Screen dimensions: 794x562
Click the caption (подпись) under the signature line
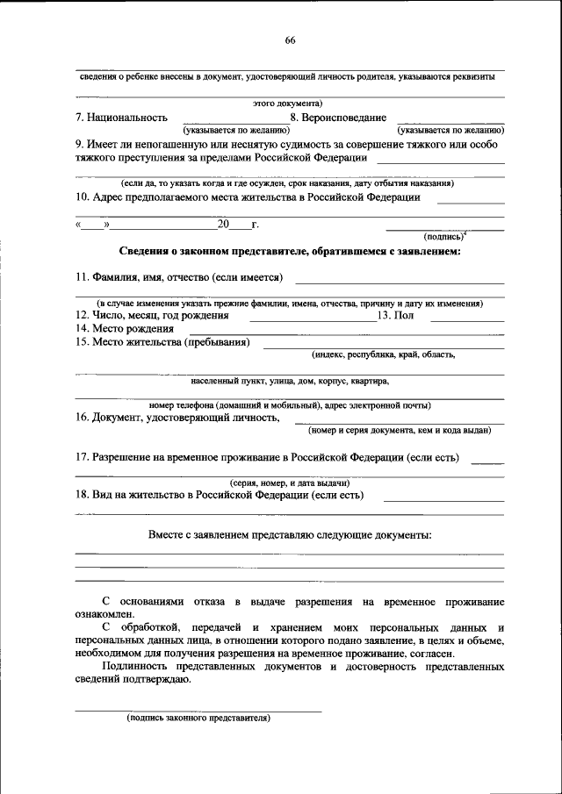click(444, 236)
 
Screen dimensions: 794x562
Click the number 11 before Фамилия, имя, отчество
click(80, 278)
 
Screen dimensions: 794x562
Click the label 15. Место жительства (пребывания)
click(162, 341)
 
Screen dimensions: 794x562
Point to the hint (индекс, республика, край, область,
click(383, 355)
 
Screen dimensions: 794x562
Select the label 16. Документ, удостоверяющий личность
click(177, 418)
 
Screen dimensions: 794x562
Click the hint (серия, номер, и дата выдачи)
click(290, 483)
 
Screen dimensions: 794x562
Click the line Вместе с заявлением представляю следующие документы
click(290, 535)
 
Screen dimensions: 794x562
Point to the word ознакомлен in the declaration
click(103, 615)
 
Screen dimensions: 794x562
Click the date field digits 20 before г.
click(223, 225)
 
